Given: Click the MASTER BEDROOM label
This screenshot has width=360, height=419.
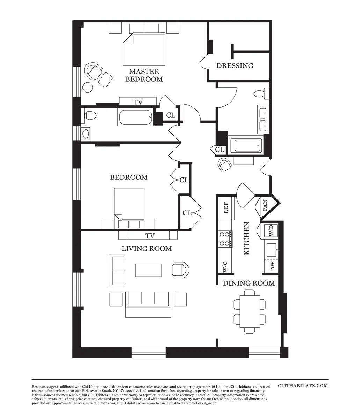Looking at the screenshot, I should (x=144, y=75).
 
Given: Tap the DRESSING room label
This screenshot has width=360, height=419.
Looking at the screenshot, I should (x=235, y=66).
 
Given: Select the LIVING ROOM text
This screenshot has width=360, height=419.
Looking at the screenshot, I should (x=146, y=249).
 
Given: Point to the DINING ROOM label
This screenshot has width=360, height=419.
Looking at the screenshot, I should (x=249, y=283).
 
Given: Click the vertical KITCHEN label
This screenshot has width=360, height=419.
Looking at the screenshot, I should (x=246, y=238).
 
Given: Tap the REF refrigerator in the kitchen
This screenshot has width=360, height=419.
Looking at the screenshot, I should (x=226, y=208).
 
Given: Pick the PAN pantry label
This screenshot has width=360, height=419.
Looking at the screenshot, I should (x=265, y=206).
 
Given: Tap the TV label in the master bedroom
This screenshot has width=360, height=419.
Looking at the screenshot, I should (x=138, y=102).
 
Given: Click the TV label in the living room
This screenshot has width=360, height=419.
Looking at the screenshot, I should (x=150, y=236).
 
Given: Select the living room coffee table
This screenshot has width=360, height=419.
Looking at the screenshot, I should (x=149, y=270).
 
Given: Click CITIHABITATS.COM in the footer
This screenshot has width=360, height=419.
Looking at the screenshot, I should (x=303, y=385).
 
